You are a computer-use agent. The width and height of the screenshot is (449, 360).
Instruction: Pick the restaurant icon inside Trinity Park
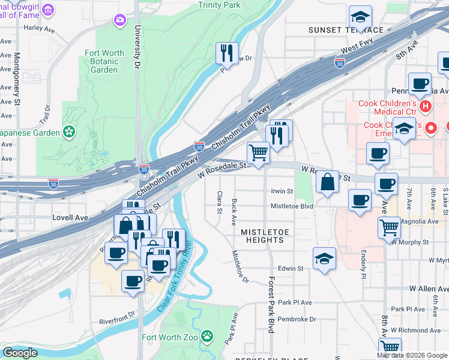[x=227, y=53]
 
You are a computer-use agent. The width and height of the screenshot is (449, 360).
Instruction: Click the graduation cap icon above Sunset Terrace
[x=360, y=16]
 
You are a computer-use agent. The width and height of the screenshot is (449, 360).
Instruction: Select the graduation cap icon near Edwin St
[x=324, y=259]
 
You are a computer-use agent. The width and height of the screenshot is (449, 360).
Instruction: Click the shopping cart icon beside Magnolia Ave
[x=390, y=227]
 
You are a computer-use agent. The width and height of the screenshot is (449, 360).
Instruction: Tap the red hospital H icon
[x=426, y=107]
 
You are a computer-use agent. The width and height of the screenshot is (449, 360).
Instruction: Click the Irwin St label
[x=282, y=191]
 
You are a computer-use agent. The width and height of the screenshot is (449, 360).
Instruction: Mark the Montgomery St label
[x=17, y=78]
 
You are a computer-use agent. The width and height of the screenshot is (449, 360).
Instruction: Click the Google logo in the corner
[x=20, y=353]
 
